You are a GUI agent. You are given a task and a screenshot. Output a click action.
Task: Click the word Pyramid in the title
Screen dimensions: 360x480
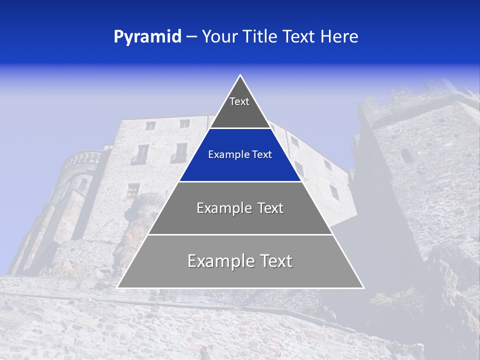pyautogui.click(x=147, y=37)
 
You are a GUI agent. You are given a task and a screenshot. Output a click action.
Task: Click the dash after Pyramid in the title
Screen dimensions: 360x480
pyautogui.click(x=191, y=37)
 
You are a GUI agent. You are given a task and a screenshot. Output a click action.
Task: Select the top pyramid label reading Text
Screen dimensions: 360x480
pyautogui.click(x=239, y=101)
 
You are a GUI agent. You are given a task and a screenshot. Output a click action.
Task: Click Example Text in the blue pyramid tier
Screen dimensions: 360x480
pyautogui.click(x=240, y=154)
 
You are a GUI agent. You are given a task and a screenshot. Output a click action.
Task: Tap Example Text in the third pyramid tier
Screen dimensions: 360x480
pyautogui.click(x=240, y=208)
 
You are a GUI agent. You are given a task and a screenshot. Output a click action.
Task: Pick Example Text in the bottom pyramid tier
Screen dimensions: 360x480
pyautogui.click(x=240, y=261)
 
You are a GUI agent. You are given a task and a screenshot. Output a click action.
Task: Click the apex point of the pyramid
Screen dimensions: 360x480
pyautogui.click(x=240, y=75)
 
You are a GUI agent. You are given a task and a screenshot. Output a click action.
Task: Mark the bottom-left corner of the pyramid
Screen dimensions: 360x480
pyautogui.click(x=117, y=287)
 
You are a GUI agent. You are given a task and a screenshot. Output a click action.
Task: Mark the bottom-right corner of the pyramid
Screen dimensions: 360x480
pyautogui.click(x=363, y=287)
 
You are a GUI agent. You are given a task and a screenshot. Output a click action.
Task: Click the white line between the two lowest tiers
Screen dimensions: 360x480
pyautogui.click(x=240, y=234)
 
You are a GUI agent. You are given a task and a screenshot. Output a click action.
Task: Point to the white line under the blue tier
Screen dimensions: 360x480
pyautogui.click(x=240, y=181)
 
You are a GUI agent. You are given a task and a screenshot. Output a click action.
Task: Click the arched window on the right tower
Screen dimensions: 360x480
pyautogui.click(x=406, y=155)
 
